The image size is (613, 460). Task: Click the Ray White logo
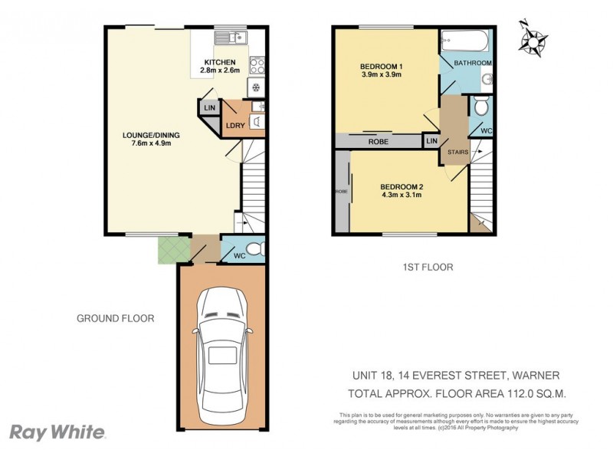[x=57, y=432]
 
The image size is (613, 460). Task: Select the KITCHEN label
[x=219, y=62]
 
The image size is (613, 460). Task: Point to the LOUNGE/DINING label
[x=150, y=136]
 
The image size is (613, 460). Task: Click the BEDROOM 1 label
[x=382, y=67]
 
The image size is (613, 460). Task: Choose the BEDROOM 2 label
[x=402, y=186]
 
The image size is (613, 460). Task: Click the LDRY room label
[x=234, y=126]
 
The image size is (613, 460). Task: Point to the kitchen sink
[x=228, y=35]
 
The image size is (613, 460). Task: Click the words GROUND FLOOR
[x=116, y=318]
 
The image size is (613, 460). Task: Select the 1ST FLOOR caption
[x=428, y=268]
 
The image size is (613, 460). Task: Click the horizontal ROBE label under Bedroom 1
[x=377, y=142]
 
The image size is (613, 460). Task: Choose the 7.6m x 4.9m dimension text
[x=150, y=145]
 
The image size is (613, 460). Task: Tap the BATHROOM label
[x=473, y=63]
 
